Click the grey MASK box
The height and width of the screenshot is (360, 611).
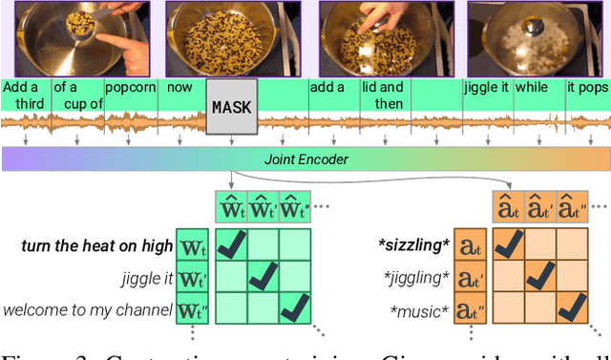pos(232,107)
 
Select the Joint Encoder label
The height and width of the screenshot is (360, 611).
pos(305,159)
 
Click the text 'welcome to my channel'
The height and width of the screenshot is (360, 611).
pos(87,309)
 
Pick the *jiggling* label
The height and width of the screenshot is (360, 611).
pos(415,278)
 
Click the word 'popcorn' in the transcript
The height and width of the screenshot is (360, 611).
pos(130,86)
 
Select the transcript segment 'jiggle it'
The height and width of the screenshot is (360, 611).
pos(487,86)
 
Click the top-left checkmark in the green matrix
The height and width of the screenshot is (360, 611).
pos(232,245)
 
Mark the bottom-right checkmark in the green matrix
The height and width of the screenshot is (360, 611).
pos(296,308)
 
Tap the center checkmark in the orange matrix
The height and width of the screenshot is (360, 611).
pos(539,277)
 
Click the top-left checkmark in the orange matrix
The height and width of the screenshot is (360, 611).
pos(508,245)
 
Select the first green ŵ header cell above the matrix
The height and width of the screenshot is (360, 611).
pos(232,208)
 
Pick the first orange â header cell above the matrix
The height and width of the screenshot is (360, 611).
pos(508,208)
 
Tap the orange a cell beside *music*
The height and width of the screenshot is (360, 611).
pos(469,309)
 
